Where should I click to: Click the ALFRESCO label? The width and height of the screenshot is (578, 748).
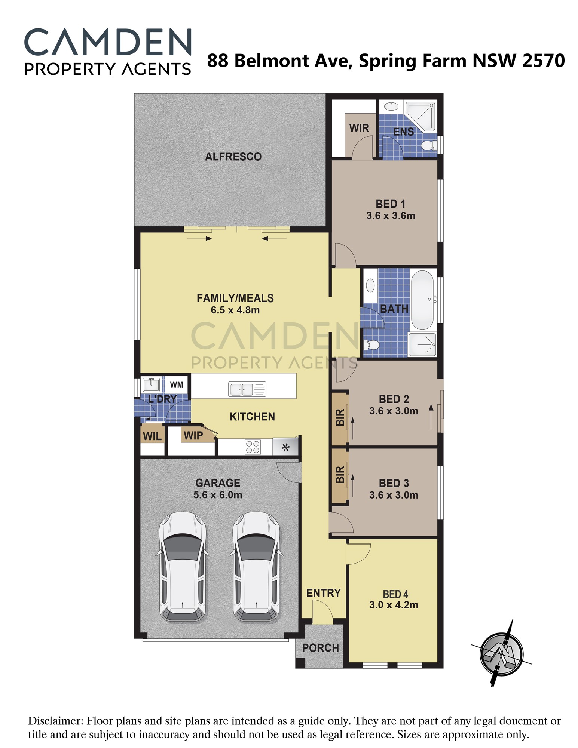[233, 156]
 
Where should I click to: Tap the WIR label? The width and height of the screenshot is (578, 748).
[359, 128]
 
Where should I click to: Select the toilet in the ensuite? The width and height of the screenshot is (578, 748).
[428, 145]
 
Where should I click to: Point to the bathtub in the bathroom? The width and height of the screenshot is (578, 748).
[422, 300]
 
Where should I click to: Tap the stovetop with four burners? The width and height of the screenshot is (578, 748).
[253, 447]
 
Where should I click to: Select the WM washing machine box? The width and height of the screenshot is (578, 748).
[177, 385]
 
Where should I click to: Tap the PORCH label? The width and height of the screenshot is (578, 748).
[320, 648]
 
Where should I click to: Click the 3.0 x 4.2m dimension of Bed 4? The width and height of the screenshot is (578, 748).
[394, 605]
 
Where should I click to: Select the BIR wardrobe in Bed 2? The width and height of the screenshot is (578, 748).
[340, 418]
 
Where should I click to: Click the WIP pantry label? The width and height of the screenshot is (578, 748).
[193, 435]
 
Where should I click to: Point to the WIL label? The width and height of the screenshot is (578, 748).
[152, 436]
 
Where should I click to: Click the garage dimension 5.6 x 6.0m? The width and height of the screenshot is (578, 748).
[218, 495]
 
